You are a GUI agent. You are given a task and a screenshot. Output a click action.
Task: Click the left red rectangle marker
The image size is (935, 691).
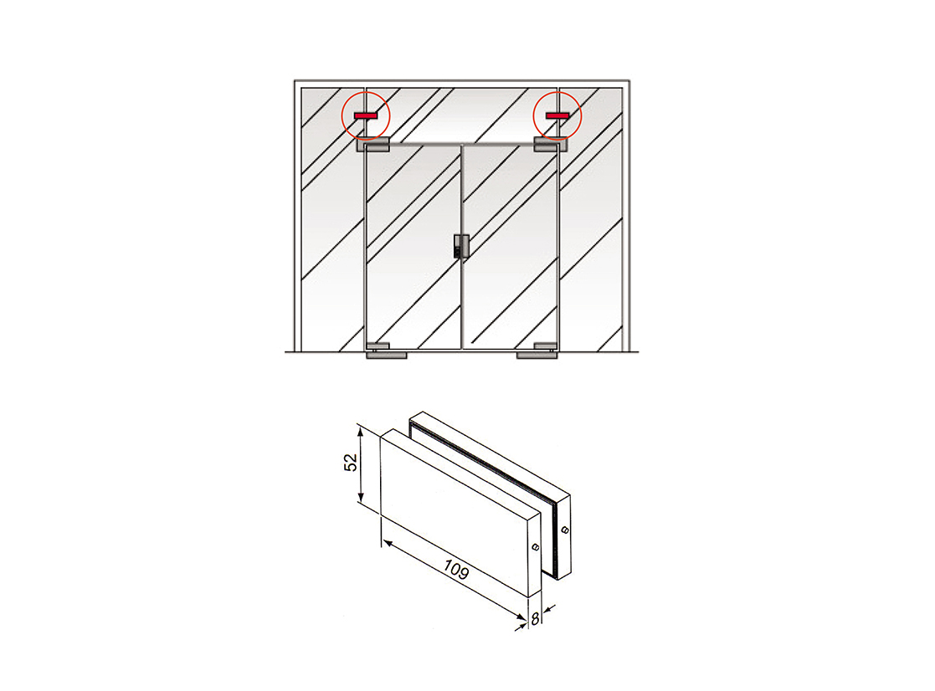point(366,115)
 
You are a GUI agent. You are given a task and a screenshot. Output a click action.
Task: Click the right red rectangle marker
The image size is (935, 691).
point(557,115)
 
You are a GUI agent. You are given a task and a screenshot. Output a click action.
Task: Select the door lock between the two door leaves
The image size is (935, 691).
point(461,246)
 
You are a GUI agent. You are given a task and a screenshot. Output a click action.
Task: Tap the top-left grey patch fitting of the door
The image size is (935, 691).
point(372,144)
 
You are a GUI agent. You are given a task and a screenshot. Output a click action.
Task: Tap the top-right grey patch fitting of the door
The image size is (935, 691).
point(550,144)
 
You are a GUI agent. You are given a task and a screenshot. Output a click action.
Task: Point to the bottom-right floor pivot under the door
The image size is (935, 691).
point(537,356)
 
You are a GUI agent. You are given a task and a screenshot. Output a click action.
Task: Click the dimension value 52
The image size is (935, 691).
point(352,463)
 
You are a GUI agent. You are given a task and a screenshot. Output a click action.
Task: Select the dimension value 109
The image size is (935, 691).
point(456,570)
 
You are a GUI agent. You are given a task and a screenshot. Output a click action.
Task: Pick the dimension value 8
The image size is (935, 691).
point(535,620)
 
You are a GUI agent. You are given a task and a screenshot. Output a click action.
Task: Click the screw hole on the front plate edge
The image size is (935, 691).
point(535,547)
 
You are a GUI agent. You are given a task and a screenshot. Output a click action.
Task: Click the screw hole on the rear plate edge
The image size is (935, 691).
point(564,530)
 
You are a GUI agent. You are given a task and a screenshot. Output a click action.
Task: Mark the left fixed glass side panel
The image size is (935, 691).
point(332,219)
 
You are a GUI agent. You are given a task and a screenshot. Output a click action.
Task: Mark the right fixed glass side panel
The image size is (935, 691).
point(591,219)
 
